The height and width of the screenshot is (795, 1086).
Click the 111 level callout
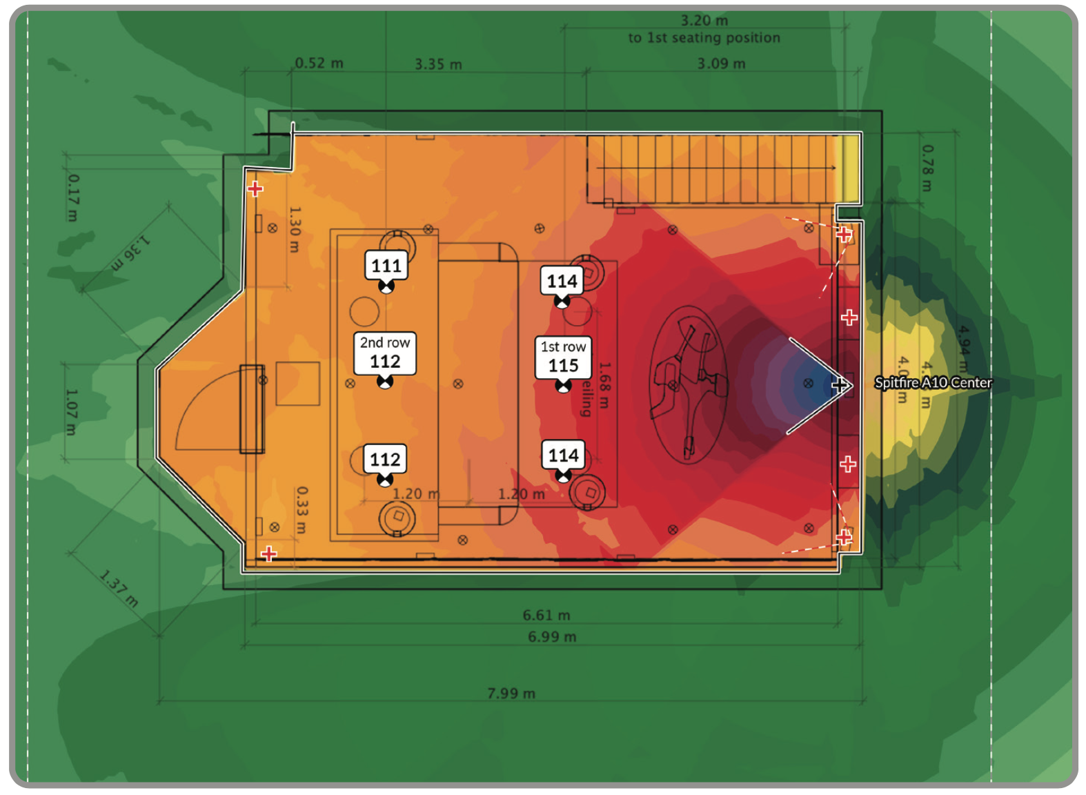(x=386, y=266)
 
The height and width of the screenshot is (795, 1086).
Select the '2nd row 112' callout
(x=385, y=353)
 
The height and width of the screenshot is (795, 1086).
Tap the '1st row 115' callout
(x=563, y=357)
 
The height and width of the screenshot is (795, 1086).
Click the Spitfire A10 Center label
(x=933, y=383)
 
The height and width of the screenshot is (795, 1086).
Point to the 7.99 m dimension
(x=511, y=693)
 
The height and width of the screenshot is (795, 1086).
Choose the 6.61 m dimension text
(x=546, y=615)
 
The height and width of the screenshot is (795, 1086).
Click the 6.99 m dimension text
(x=552, y=636)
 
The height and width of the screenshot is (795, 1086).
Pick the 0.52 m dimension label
(x=319, y=63)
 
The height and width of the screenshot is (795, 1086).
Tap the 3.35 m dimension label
(x=438, y=64)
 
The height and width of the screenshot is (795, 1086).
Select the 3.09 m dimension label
(x=721, y=63)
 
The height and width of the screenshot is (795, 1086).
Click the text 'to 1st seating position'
(x=704, y=38)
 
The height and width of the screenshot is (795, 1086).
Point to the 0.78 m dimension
(x=928, y=168)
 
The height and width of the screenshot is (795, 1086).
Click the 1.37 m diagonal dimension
(x=119, y=588)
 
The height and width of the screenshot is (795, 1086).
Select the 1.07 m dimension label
(x=71, y=412)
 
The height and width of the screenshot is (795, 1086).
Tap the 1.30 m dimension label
(x=295, y=230)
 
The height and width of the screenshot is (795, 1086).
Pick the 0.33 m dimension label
(x=302, y=510)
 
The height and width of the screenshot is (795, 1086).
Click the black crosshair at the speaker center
(x=840, y=385)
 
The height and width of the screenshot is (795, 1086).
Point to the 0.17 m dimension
(x=73, y=197)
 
